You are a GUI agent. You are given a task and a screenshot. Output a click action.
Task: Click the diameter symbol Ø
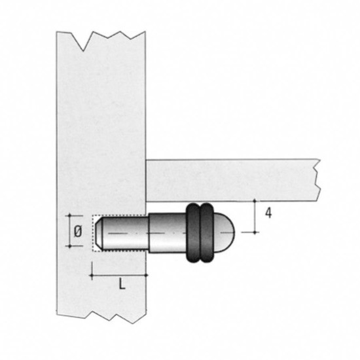point(78,231)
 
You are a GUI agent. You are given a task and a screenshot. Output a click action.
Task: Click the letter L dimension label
point(122,285)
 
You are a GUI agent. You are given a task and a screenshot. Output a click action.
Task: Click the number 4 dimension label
point(268,213)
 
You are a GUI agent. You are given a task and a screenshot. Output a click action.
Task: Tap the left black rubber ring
point(193,232)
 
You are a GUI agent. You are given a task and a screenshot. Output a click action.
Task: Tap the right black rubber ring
point(207,232)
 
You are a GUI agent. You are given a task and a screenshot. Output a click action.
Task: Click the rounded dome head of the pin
point(225,232)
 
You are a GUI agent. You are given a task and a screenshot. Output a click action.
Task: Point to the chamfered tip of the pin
point(98,233)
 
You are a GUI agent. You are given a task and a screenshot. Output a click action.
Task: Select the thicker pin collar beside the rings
point(168,233)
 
